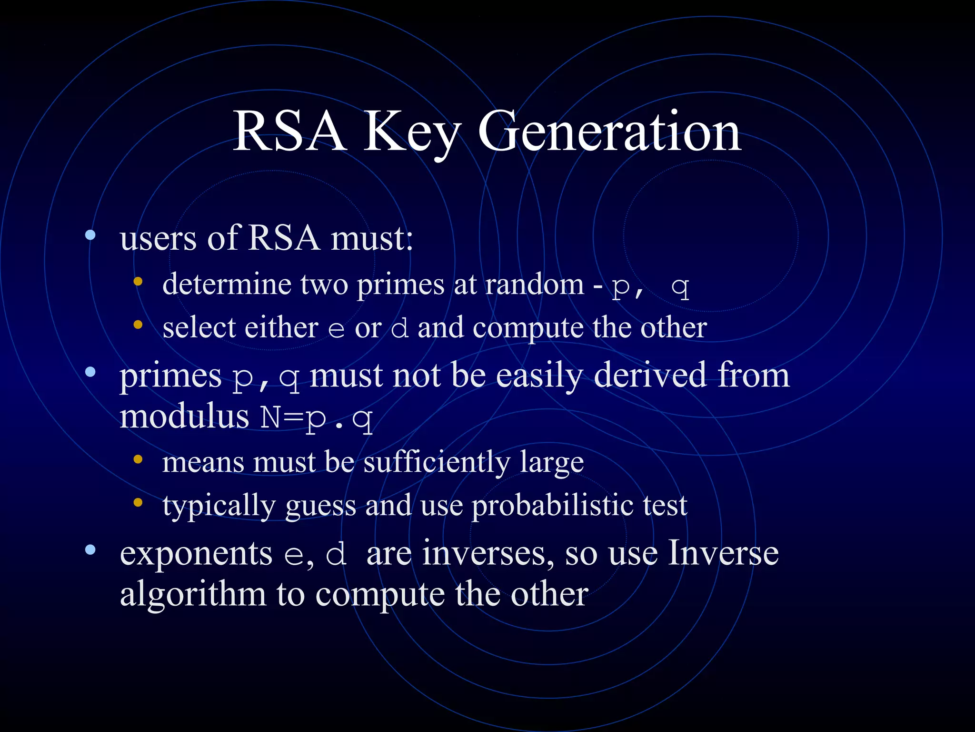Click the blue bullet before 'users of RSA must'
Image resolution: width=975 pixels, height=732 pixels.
[x=90, y=235]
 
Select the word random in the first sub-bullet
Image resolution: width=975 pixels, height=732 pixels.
[x=534, y=285]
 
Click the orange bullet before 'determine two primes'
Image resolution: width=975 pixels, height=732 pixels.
[x=138, y=281]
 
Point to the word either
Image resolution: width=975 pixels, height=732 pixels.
[x=281, y=328]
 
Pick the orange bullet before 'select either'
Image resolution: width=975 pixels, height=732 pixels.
[x=138, y=325]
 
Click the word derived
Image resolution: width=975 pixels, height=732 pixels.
[x=650, y=375]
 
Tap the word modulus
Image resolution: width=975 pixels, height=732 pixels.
[x=184, y=416]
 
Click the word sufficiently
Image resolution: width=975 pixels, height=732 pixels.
[x=437, y=462]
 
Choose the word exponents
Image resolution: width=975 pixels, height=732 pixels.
[x=196, y=554]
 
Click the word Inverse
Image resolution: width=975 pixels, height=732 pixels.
[x=723, y=553]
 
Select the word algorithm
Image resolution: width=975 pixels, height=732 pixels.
[x=193, y=595]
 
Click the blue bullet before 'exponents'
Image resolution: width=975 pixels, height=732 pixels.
[x=90, y=550]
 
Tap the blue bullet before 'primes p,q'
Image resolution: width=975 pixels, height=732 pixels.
[x=90, y=372]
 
